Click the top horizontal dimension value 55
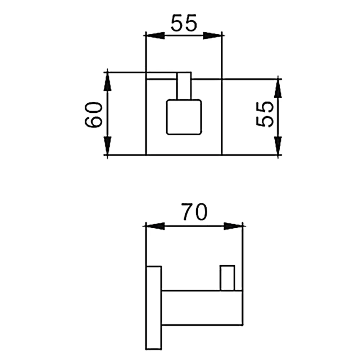(x=184, y=23)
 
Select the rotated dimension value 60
(x=94, y=115)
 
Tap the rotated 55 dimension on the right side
(x=265, y=114)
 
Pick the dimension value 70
(x=195, y=212)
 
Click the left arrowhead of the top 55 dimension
(x=155, y=36)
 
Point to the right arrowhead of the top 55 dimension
(x=212, y=36)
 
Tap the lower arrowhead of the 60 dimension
(x=107, y=146)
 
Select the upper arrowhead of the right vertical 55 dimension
(x=278, y=89)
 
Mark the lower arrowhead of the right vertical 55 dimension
(x=278, y=146)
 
